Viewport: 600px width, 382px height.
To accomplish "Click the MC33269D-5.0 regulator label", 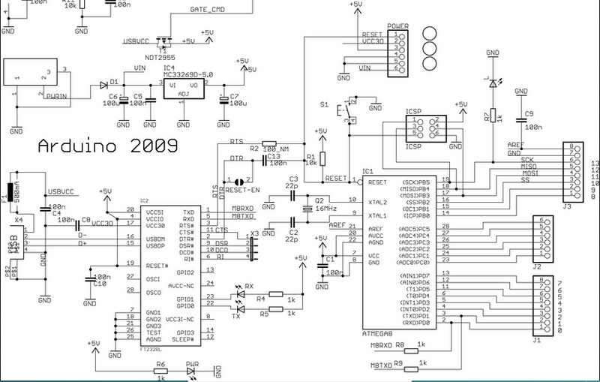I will [x=187, y=76].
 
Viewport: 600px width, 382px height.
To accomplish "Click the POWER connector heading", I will [x=397, y=26].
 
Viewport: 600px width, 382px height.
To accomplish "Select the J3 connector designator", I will [x=566, y=206].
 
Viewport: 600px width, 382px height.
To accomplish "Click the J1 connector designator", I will [x=535, y=340].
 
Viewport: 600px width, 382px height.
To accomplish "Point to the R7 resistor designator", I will [x=486, y=116].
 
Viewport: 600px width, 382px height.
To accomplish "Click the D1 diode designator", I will [x=114, y=81].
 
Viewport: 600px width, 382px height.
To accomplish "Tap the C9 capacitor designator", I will [x=529, y=114].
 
